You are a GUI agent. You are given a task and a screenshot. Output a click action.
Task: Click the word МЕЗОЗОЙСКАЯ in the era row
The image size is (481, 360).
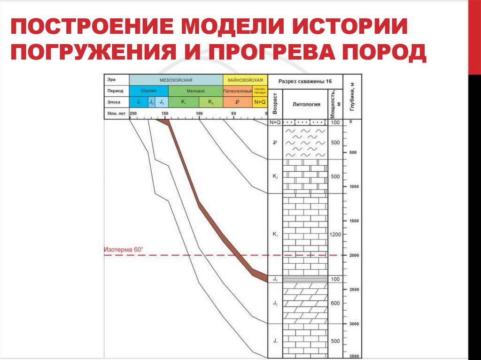click(176, 80)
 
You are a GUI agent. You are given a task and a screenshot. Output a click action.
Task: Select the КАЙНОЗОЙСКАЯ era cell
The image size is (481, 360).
click(245, 80)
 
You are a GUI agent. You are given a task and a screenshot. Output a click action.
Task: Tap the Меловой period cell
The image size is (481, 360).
click(195, 91)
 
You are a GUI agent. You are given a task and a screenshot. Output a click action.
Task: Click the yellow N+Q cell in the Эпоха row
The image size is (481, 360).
click(260, 102)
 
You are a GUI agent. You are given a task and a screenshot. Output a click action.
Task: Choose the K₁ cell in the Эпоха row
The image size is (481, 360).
click(184, 102)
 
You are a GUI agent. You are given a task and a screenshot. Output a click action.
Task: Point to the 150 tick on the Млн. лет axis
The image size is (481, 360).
click(165, 114)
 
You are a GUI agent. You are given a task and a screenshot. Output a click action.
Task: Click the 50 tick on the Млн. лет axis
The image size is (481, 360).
click(233, 114)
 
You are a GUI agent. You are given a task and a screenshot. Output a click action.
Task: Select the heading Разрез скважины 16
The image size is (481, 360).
click(305, 81)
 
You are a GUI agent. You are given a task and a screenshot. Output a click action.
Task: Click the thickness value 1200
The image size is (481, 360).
click(335, 234)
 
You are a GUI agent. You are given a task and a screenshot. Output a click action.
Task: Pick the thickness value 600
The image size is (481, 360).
click(335, 303)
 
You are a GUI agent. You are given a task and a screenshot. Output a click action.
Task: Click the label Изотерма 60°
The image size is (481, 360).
click(123, 250)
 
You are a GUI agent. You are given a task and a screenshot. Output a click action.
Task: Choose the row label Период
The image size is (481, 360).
click(115, 91)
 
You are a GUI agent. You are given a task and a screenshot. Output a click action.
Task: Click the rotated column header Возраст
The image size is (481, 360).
click(275, 105)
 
